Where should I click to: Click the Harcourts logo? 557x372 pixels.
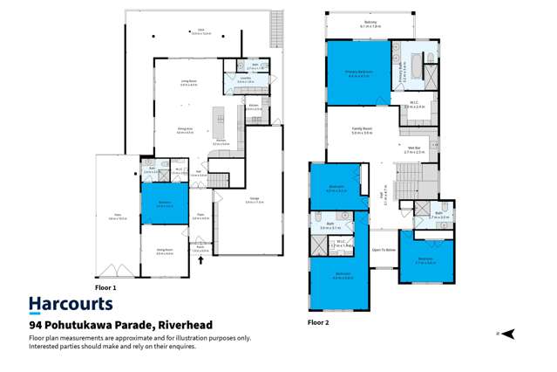(71, 304)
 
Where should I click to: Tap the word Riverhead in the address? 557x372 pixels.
(182, 325)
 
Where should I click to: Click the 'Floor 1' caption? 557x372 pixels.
(105, 286)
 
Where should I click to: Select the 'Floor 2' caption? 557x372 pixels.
(318, 322)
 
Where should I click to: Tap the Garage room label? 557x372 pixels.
(255, 200)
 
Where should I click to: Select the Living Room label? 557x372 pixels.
(188, 82)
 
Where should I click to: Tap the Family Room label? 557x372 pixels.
(362, 132)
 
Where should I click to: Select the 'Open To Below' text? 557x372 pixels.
(384, 249)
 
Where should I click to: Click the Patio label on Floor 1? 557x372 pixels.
(117, 217)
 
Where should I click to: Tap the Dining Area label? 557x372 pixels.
(185, 130)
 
